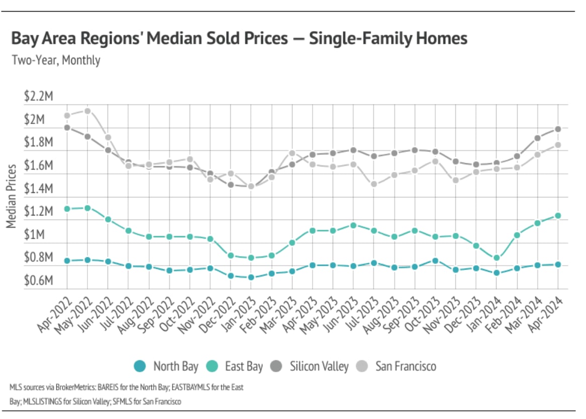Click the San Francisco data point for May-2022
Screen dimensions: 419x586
(87, 111)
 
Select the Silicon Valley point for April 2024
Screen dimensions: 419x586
(558, 129)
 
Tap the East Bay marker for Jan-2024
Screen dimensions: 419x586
(497, 258)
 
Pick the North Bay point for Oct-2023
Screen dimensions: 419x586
(435, 260)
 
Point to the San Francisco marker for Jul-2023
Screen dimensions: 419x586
(374, 184)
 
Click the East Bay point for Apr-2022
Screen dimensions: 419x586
(67, 208)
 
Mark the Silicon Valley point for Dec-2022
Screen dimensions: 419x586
(231, 184)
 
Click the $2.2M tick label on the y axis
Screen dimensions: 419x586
(38, 97)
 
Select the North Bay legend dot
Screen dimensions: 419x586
(141, 366)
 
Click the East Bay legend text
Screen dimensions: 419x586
(244, 366)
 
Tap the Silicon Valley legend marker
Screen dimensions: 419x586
(278, 366)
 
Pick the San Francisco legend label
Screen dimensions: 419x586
(406, 366)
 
